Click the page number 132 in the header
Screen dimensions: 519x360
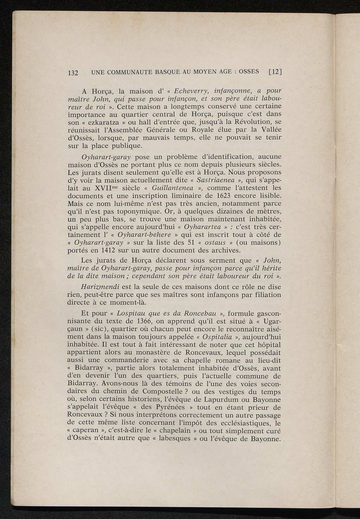[x=72, y=73]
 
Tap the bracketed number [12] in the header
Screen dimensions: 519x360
[x=276, y=72]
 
